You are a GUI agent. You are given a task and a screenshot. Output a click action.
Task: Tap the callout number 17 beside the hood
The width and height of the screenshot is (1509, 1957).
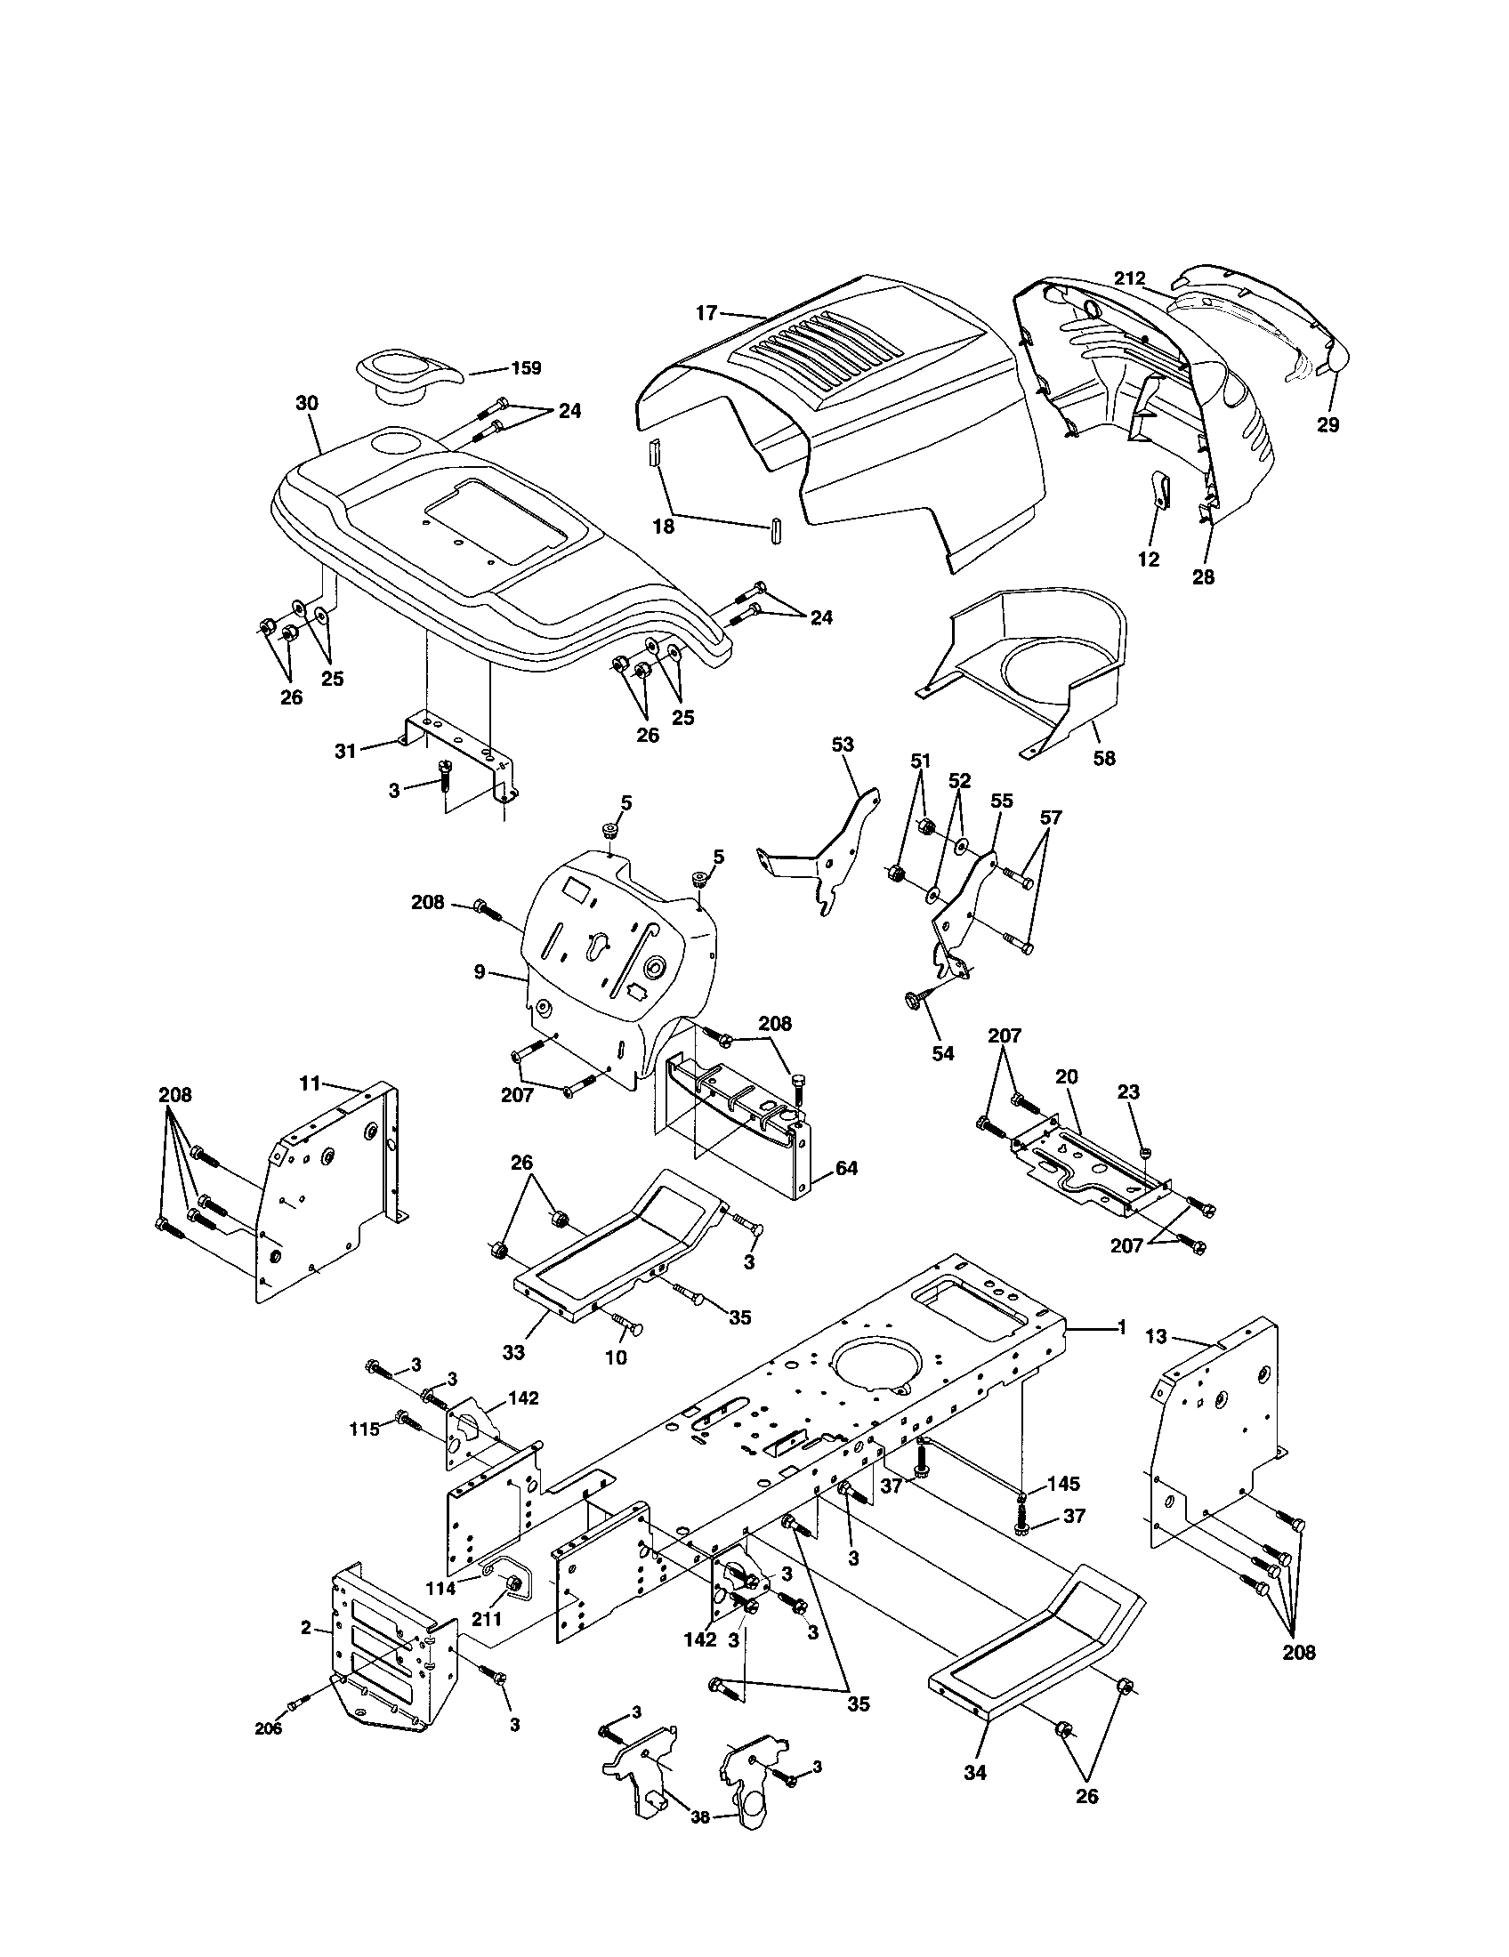point(706,313)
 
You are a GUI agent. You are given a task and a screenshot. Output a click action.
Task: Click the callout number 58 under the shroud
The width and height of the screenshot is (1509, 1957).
point(1104,758)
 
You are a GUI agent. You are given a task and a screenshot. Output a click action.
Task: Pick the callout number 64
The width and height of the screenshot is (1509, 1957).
point(846,1169)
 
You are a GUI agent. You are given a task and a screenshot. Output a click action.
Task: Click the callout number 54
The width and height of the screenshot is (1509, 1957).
point(942,1054)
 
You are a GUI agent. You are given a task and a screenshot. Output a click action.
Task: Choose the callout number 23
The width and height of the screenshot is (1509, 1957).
point(1129,1092)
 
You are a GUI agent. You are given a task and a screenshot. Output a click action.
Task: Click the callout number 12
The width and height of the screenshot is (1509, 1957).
point(1149,560)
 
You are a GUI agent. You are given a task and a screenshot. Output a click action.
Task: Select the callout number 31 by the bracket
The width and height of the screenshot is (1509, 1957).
point(346,751)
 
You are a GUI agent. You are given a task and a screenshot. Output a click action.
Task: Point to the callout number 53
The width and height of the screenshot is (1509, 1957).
point(843,745)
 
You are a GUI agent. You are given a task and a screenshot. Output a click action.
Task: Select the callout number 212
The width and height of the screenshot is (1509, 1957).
point(1130,278)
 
